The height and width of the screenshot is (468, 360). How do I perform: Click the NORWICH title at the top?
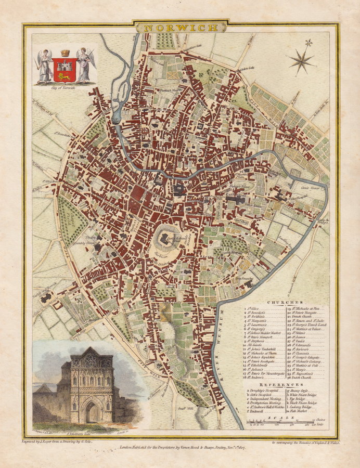[x=181, y=27]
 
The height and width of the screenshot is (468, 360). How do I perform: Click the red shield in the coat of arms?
[x=65, y=69]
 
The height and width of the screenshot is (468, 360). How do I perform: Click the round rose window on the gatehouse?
[x=91, y=360]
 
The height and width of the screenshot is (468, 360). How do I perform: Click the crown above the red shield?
[x=65, y=53]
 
